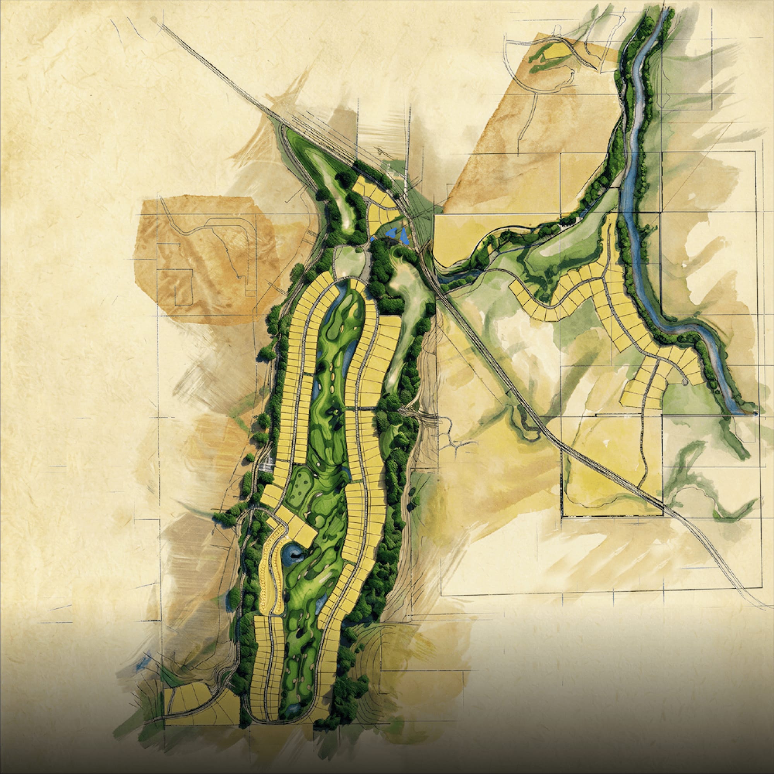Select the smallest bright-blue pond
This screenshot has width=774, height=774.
pos(373,239)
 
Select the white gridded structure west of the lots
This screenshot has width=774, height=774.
pos(265,466)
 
